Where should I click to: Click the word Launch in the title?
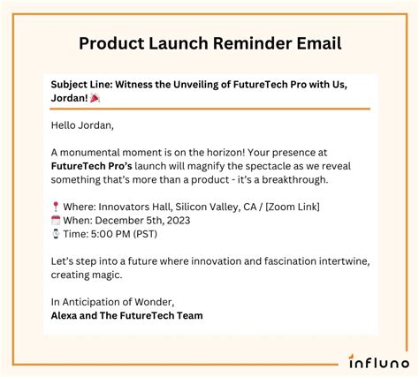coord(178,43)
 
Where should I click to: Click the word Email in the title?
coord(319,43)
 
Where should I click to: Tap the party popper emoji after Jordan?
coord(95,98)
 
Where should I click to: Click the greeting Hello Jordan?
coord(81,125)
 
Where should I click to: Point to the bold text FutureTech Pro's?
coord(91,166)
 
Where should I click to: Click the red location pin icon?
coord(56,207)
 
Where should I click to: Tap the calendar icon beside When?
coord(56,220)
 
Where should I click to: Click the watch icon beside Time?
coord(56,234)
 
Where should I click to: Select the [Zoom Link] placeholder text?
coord(293,207)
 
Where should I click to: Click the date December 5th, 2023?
coord(142,221)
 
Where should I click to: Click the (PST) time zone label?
coord(145,234)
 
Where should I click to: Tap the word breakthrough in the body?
coord(294,179)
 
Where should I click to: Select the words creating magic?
coord(86,275)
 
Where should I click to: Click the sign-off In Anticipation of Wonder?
coord(111,302)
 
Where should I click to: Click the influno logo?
coord(378,361)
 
